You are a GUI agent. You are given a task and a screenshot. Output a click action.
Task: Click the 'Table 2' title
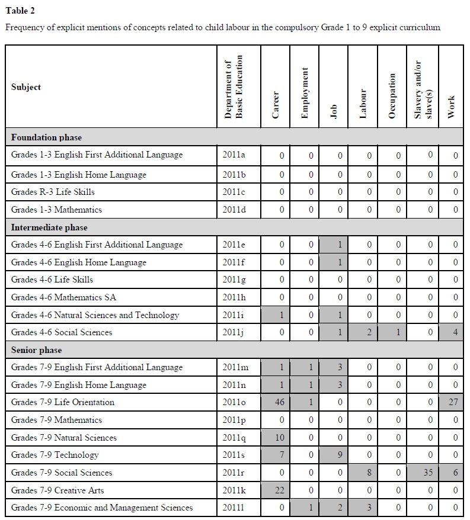pyautogui.click(x=20, y=10)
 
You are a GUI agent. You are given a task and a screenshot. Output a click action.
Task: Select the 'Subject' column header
pyautogui.click(x=26, y=87)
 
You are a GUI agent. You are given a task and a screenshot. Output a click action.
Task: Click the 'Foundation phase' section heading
pyautogui.click(x=46, y=137)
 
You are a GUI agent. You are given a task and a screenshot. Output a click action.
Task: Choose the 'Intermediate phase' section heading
pyautogui.click(x=49, y=227)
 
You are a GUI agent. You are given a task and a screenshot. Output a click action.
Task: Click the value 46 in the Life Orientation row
pyautogui.click(x=282, y=403)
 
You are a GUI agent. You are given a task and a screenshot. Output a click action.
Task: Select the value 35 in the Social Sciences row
pyautogui.click(x=430, y=473)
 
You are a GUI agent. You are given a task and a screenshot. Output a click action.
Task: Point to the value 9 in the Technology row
pyautogui.click(x=340, y=455)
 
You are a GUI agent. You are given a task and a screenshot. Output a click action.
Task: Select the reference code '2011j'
pyautogui.click(x=235, y=332)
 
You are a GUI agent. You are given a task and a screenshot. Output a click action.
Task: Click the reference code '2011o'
pyautogui.click(x=235, y=403)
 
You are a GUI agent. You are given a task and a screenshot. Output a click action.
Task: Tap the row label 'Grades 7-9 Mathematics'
pyautogui.click(x=56, y=420)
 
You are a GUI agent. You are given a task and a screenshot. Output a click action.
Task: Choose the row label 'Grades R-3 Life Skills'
pyautogui.click(x=53, y=192)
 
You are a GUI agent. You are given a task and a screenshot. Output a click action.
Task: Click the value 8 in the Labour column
pyautogui.click(x=369, y=473)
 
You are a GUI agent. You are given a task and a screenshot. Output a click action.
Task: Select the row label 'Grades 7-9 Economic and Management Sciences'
pyautogui.click(x=102, y=508)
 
